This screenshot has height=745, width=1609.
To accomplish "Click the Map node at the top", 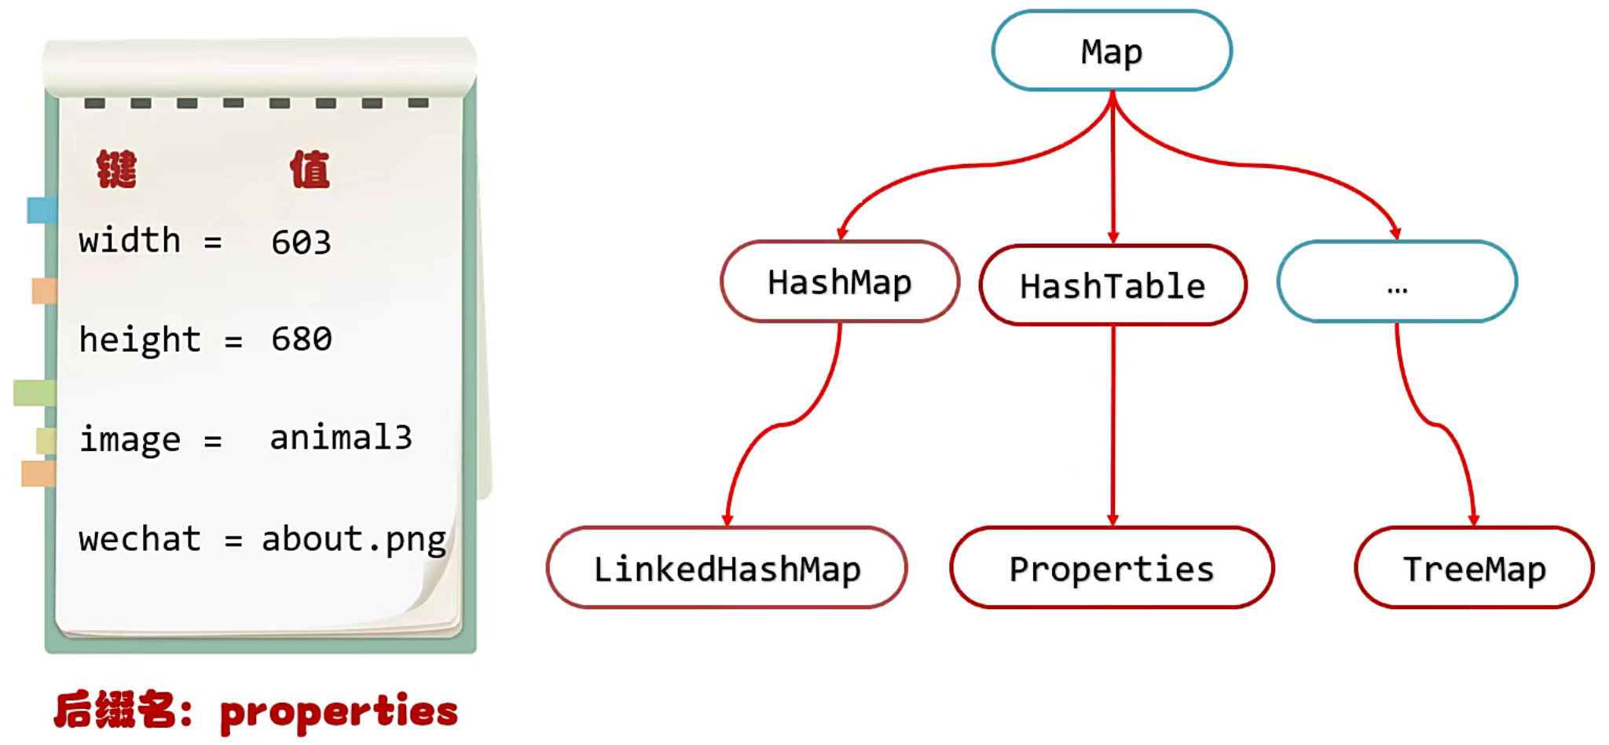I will coord(1111,52).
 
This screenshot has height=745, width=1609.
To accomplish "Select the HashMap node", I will coord(839,282).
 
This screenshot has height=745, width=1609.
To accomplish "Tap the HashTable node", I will coord(1112,286).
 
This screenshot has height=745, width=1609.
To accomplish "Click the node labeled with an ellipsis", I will coord(1397,282).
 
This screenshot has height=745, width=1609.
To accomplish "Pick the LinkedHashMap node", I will coord(727,568).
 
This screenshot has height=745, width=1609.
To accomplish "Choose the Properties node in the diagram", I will coord(1112,568).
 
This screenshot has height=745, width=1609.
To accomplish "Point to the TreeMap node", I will coord(1474,568).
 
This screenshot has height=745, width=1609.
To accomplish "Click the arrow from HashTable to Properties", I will coord(1112,424).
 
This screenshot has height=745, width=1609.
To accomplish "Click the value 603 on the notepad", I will coord(301,242).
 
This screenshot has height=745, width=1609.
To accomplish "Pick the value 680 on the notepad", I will coord(301,339).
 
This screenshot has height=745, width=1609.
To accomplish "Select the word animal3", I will coord(340,438).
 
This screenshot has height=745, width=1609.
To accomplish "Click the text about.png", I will coord(354,540).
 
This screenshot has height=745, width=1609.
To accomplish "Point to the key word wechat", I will coord(140,540).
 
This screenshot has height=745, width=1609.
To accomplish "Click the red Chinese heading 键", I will coord(116,169).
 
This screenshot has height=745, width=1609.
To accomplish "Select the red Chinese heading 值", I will coord(310,169).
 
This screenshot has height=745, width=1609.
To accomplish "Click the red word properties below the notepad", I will coord(339,712).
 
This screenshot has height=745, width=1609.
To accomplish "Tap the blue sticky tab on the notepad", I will coord(42,210).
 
